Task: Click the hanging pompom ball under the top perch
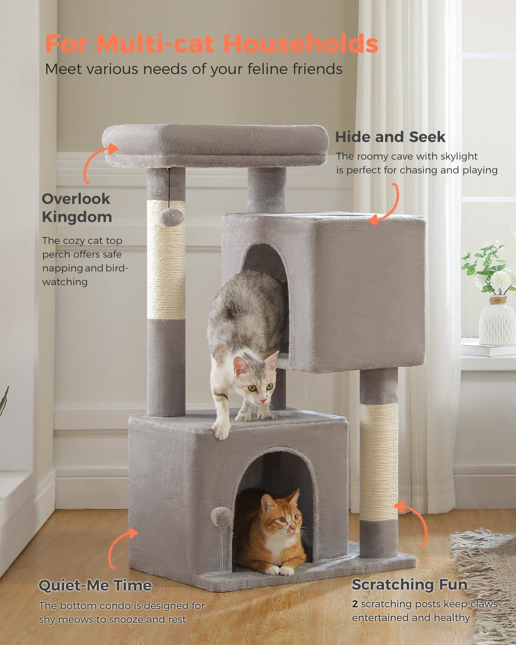pyautogui.click(x=171, y=217)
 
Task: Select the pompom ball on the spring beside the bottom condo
pyautogui.click(x=221, y=517)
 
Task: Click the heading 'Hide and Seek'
pyautogui.click(x=390, y=137)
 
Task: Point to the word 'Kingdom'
pyautogui.click(x=77, y=217)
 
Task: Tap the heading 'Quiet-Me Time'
pyautogui.click(x=95, y=585)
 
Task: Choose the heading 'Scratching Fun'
pyautogui.click(x=409, y=584)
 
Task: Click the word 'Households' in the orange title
pyautogui.click(x=301, y=44)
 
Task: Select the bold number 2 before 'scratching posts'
pyautogui.click(x=355, y=604)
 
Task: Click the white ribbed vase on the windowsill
pyautogui.click(x=497, y=321)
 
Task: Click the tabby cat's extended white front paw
pyautogui.click(x=221, y=430)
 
